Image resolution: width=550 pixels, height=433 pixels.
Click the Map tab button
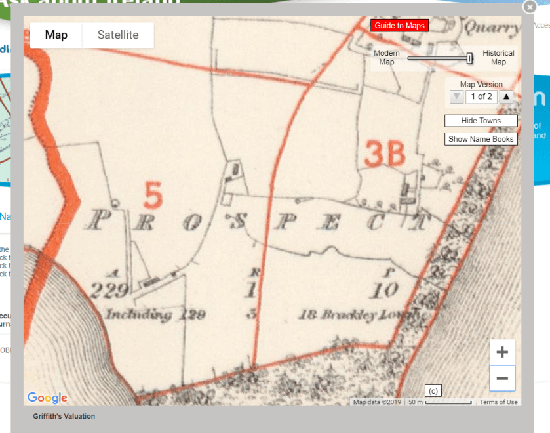click(56, 35)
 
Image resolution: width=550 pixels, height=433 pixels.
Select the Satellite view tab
click(118, 35)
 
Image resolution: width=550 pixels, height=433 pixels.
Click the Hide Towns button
click(481, 121)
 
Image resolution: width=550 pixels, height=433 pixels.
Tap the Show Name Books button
click(481, 139)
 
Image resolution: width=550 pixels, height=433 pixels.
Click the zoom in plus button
click(502, 352)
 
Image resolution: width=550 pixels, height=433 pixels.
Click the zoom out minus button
click(502, 379)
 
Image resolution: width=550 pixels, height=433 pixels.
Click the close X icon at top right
click(530, 7)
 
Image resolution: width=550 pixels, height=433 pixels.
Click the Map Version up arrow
click(506, 97)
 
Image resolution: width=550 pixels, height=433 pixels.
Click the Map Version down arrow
click(457, 97)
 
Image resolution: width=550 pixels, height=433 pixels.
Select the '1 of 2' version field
click(481, 97)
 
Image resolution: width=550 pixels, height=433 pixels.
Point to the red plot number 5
click(153, 195)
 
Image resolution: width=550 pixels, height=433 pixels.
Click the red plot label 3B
click(385, 155)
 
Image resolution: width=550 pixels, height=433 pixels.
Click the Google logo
click(47, 398)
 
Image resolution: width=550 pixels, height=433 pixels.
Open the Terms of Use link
click(498, 402)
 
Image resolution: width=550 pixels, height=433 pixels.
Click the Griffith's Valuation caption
click(64, 417)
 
